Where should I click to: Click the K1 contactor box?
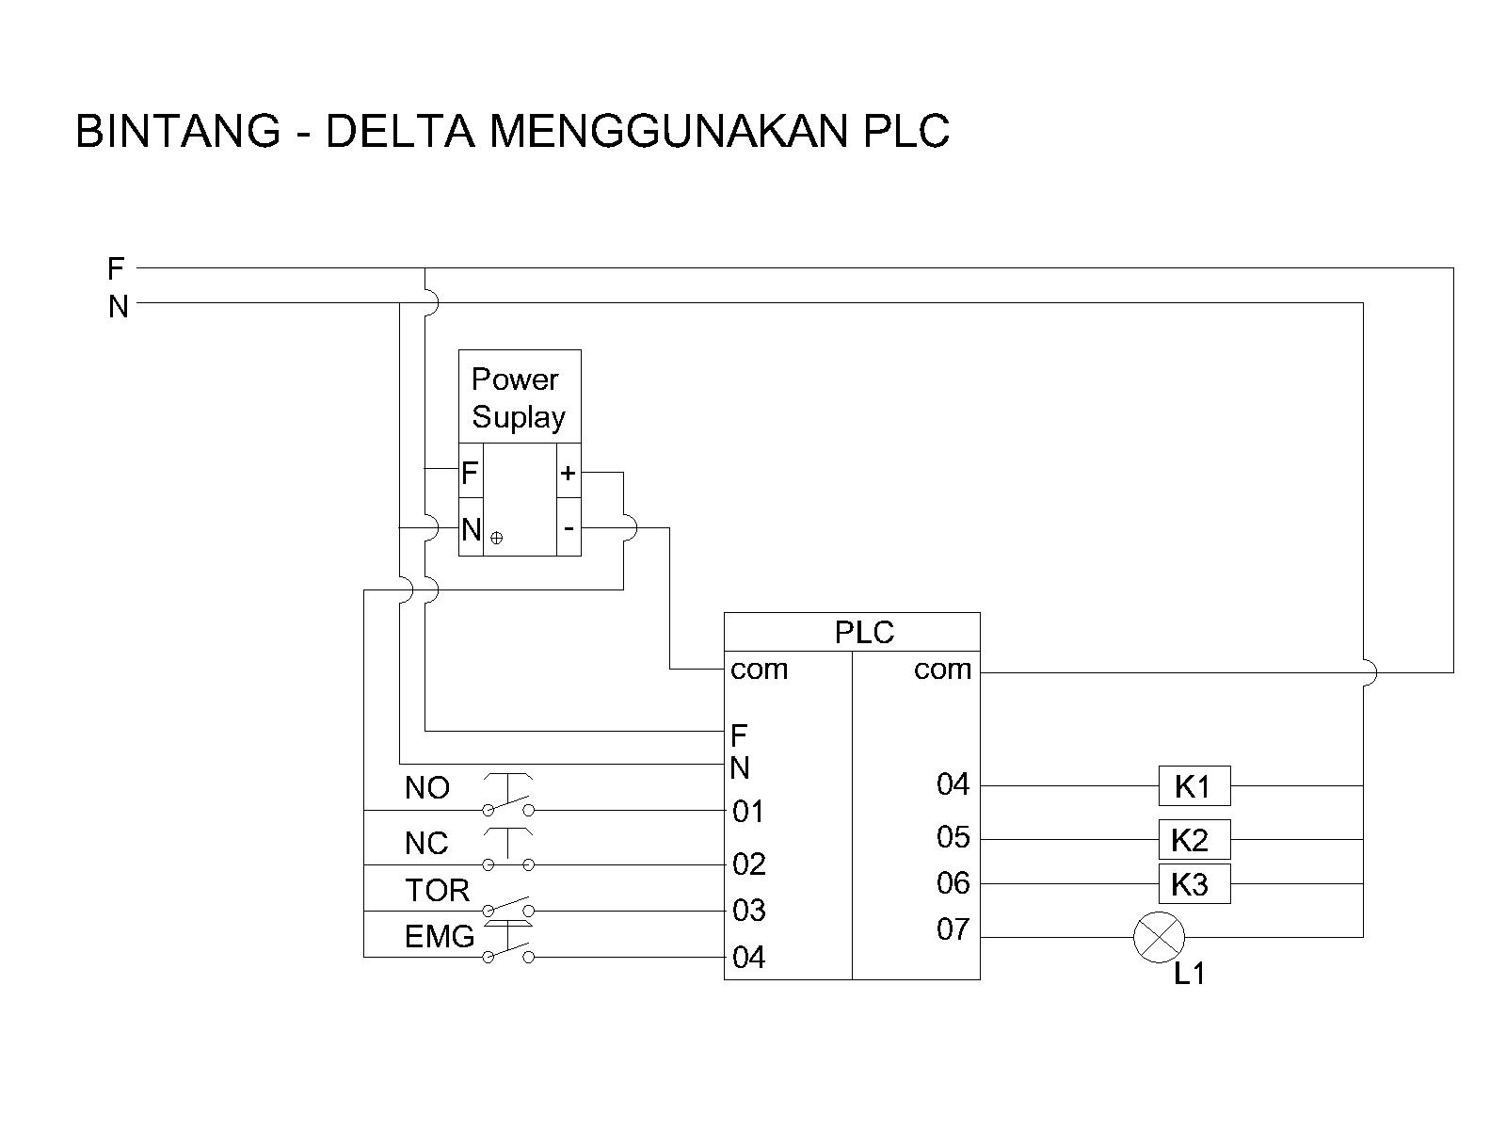pyautogui.click(x=1194, y=785)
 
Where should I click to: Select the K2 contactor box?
pyautogui.click(x=1194, y=839)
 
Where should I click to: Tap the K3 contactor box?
pyautogui.click(x=1194, y=884)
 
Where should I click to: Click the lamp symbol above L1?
pyautogui.click(x=1159, y=938)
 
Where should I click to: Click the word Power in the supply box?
pyautogui.click(x=514, y=379)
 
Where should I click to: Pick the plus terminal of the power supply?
pyautogui.click(x=568, y=473)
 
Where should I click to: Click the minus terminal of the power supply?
pyautogui.click(x=568, y=527)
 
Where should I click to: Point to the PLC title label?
pyautogui.click(x=863, y=632)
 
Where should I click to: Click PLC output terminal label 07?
pyautogui.click(x=953, y=929)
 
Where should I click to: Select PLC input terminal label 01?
pyautogui.click(x=748, y=811)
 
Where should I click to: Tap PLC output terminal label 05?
pyautogui.click(x=953, y=836)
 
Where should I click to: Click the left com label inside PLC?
pyautogui.click(x=759, y=670)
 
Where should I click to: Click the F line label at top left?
pyautogui.click(x=116, y=269)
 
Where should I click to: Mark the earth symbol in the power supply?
pyautogui.click(x=497, y=538)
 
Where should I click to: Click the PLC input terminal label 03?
pyautogui.click(x=749, y=911)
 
